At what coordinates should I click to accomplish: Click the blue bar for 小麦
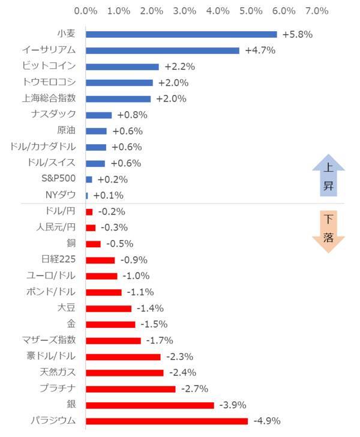pyautogui.click(x=181, y=34)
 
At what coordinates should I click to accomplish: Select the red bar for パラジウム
pyautogui.click(x=167, y=421)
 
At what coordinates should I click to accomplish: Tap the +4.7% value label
pyautogui.click(x=260, y=50)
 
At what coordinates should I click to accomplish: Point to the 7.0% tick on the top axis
pyautogui.click(x=316, y=11)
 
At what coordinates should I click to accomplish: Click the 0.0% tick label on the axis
pyautogui.click(x=85, y=11)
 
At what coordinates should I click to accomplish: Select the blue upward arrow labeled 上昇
pyautogui.click(x=328, y=178)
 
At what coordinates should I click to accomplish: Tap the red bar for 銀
pyautogui.click(x=150, y=405)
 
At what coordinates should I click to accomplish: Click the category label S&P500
pyautogui.click(x=59, y=179)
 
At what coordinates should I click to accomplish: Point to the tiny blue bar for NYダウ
pyautogui.click(x=87, y=195)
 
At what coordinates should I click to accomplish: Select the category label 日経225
pyautogui.click(x=59, y=260)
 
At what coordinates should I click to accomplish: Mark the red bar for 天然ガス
pyautogui.click(x=125, y=373)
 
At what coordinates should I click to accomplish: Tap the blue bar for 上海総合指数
pyautogui.click(x=118, y=98)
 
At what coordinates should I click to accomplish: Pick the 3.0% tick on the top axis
pyautogui.click(x=184, y=11)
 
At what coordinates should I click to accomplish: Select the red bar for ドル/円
pyautogui.click(x=89, y=211)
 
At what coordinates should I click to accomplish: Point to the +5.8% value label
pyautogui.click(x=297, y=34)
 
